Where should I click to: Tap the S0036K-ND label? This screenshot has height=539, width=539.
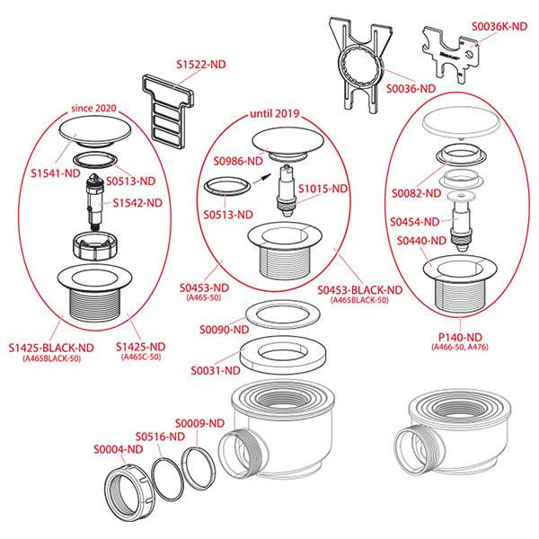(x=499, y=27)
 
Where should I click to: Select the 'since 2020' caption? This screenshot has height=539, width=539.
(x=95, y=108)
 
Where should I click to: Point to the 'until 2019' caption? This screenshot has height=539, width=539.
(x=273, y=116)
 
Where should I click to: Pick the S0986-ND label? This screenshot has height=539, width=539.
(x=238, y=162)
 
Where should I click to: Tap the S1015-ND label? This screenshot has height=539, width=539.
(x=323, y=190)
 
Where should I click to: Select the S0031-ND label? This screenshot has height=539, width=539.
(x=216, y=370)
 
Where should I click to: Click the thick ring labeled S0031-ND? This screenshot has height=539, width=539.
(x=274, y=352)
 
